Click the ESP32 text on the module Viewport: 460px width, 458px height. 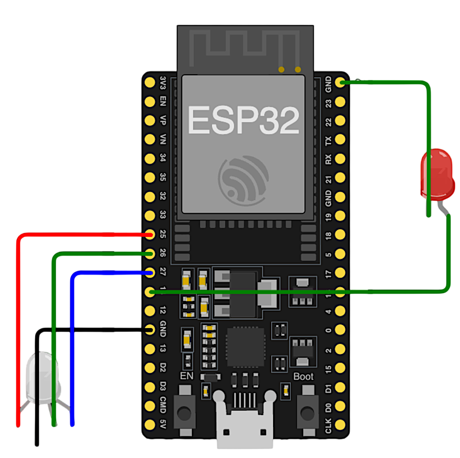click(243, 120)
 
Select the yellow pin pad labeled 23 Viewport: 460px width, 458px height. click(340, 102)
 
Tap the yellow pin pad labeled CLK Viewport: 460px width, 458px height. click(340, 425)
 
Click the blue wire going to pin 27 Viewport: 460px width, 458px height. click(72, 337)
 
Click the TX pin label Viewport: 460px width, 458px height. click(329, 140)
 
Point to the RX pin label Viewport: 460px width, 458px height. click(329, 159)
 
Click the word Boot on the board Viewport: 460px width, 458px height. click(303, 377)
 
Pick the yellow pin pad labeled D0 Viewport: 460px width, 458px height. click(340, 406)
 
